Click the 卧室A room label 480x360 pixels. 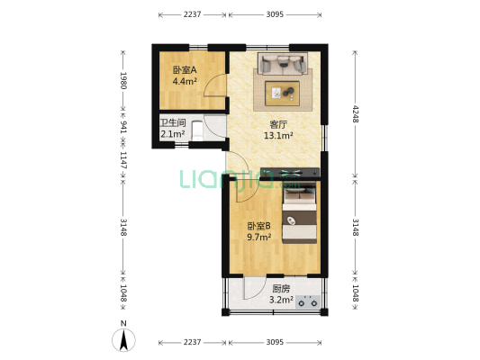pyautogui.click(x=185, y=70)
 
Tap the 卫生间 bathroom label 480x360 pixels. pyautogui.click(x=173, y=122)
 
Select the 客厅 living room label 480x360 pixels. pyautogui.click(x=279, y=125)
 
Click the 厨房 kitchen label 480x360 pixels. pyautogui.click(x=281, y=289)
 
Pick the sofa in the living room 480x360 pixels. pyautogui.click(x=282, y=63)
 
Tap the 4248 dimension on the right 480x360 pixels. pyautogui.click(x=356, y=114)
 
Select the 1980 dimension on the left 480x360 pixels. pyautogui.click(x=123, y=83)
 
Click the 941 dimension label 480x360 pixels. pyautogui.click(x=123, y=127)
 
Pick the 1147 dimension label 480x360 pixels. pyautogui.click(x=123, y=159)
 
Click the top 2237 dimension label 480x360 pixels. pyautogui.click(x=192, y=14)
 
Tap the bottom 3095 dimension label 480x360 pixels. pyautogui.click(x=276, y=343)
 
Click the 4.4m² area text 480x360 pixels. pyautogui.click(x=185, y=81)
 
